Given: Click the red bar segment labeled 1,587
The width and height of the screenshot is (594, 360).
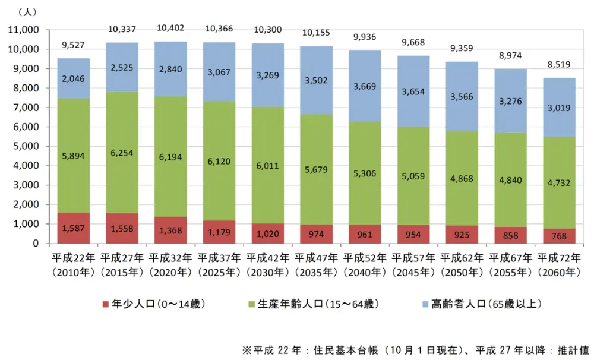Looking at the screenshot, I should coord(74,228).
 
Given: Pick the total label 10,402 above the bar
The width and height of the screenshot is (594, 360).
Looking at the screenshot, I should coord(170,29).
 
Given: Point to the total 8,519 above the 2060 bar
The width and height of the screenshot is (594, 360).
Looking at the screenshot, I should coord(560,65).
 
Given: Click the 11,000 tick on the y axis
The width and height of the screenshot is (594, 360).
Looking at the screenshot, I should coord(22,30).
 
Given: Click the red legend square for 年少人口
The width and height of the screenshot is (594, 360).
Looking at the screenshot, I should coord(106,304).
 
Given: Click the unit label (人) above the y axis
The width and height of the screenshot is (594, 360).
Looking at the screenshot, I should coord(28,11).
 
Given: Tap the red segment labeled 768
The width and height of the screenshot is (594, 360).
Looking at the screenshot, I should coord(560,236).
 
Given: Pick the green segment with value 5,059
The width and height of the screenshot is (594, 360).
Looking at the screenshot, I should coord(414,176).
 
